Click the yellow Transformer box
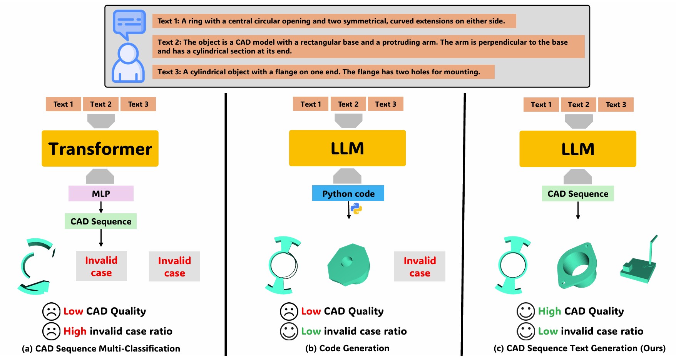[100, 149]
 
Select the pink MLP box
[101, 194]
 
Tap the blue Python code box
[348, 194]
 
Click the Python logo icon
[356, 209]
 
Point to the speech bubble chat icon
[129, 24]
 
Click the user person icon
[128, 64]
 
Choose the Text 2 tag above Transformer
[100, 104]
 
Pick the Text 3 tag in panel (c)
[616, 105]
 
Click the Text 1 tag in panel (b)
[310, 104]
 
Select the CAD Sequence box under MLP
[101, 221]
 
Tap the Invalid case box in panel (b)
[420, 266]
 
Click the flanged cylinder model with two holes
[576, 266]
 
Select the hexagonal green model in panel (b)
[348, 265]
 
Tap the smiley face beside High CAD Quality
[525, 311]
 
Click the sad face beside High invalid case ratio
[51, 331]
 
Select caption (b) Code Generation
[347, 348]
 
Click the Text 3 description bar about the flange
[323, 72]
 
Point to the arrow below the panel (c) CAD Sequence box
[578, 211]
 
